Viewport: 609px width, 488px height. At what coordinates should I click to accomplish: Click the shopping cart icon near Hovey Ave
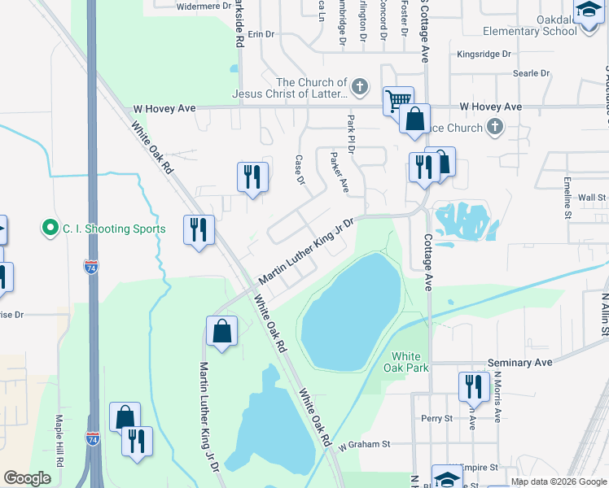398,101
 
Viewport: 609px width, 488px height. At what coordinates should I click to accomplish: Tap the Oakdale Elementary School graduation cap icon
588,10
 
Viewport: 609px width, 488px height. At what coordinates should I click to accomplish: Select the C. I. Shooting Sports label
114,229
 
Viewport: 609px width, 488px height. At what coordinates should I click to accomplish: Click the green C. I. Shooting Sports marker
50,229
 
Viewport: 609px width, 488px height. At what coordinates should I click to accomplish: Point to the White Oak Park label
405,362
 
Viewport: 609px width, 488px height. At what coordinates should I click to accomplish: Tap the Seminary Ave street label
519,362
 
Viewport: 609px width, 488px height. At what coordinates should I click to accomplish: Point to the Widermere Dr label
204,6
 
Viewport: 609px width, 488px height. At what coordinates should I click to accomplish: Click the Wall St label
592,197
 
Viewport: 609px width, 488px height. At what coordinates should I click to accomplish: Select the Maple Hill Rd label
59,439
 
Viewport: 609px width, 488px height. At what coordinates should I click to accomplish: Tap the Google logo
28,478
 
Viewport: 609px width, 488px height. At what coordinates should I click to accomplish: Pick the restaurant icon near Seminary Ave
474,386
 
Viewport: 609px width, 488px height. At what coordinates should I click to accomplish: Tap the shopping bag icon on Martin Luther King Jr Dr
221,330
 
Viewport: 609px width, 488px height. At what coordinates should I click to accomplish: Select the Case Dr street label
300,169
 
